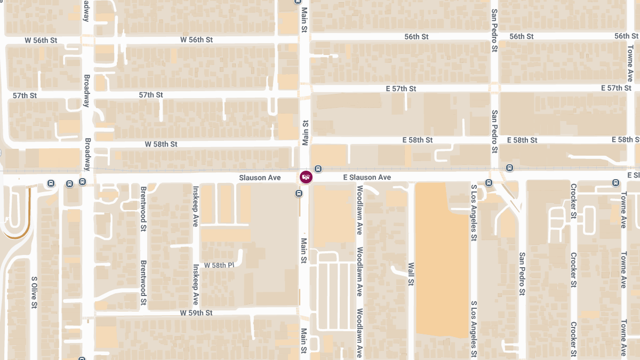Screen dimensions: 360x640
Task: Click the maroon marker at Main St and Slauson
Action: [x=306, y=177]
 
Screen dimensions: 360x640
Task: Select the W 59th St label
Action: [x=196, y=313]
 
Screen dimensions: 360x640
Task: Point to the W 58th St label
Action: [x=161, y=144]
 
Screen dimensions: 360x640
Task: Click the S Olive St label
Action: [x=34, y=292]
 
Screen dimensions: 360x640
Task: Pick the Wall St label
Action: [x=411, y=274]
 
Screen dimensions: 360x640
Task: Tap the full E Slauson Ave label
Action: [x=367, y=177]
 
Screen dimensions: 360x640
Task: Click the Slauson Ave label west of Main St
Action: [x=260, y=177]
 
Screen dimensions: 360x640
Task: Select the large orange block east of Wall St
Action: [x=442, y=259]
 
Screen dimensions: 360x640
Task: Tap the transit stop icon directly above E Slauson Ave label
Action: [x=318, y=169]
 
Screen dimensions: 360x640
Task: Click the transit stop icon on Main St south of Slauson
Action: [x=299, y=194]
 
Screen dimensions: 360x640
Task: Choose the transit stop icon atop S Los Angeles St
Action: [x=488, y=183]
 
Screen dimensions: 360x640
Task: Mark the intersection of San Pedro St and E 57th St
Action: [x=494, y=88]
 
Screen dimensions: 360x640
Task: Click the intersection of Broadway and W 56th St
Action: [x=87, y=40]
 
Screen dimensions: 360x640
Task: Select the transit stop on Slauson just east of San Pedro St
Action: [x=509, y=169]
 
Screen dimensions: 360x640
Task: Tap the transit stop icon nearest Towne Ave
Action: [x=616, y=183]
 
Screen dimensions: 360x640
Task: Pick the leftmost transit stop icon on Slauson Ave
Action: [x=51, y=183]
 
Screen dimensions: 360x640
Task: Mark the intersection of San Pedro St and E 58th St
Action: [x=494, y=140]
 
